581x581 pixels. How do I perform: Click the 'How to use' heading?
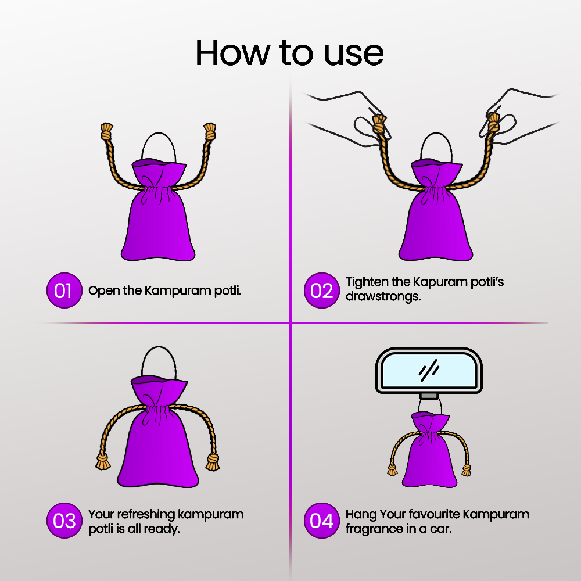coord(289,53)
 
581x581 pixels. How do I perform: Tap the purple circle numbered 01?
coord(64,290)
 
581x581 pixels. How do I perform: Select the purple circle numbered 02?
coord(322,290)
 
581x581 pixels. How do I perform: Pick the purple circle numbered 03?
coord(64,520)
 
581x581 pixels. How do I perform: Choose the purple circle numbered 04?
coord(322,520)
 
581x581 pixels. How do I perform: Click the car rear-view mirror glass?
coord(429,371)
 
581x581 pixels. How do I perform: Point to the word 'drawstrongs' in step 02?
coord(383,297)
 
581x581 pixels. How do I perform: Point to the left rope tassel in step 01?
coord(107,131)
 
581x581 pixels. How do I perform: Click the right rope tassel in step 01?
coord(210,131)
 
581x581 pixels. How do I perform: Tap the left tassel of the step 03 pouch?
coord(103,462)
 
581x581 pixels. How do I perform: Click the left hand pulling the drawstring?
coord(346,117)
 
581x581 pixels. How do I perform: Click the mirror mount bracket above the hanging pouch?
coord(429,397)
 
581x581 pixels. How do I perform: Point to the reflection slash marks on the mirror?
coord(429,370)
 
